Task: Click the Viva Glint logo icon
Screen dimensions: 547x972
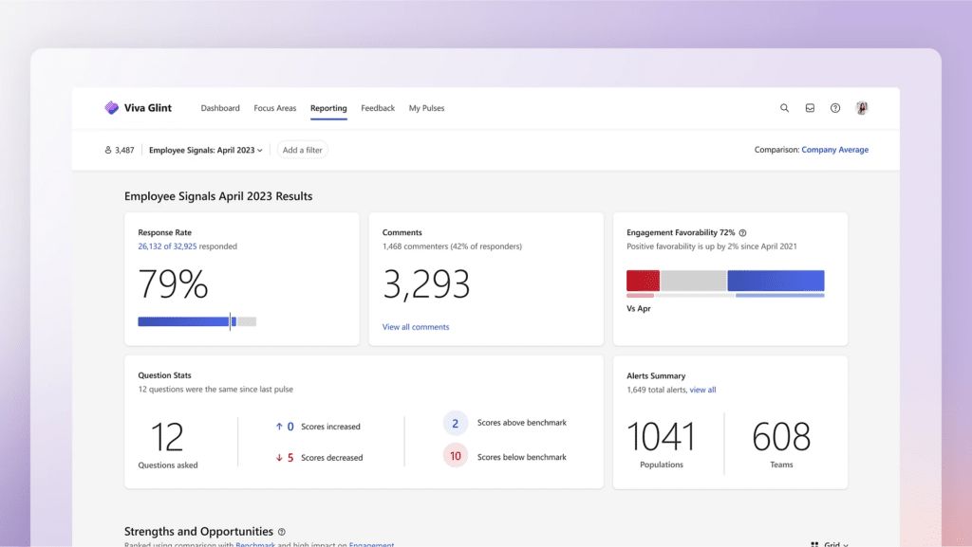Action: pyautogui.click(x=111, y=108)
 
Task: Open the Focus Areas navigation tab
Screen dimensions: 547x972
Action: pyautogui.click(x=275, y=108)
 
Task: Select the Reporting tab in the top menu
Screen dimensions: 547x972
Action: pyautogui.click(x=328, y=108)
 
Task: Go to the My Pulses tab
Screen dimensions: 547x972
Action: pyautogui.click(x=426, y=108)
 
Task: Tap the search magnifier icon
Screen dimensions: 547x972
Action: pyautogui.click(x=784, y=108)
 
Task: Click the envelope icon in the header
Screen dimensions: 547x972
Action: pyautogui.click(x=810, y=108)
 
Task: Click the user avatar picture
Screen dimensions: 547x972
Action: pyautogui.click(x=862, y=108)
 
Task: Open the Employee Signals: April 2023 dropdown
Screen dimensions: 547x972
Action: pyautogui.click(x=206, y=150)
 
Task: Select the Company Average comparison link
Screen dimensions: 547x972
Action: pyautogui.click(x=834, y=150)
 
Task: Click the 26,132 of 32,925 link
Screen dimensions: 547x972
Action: pyautogui.click(x=169, y=246)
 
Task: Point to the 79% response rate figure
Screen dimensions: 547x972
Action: pyautogui.click(x=173, y=284)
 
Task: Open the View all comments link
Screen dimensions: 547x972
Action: pyautogui.click(x=416, y=327)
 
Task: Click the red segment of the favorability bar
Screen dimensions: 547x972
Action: pyautogui.click(x=643, y=281)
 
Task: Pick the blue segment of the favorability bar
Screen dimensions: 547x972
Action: pyautogui.click(x=776, y=281)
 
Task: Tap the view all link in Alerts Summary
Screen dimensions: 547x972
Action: pyautogui.click(x=702, y=390)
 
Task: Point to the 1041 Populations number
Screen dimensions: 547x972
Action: pyautogui.click(x=662, y=437)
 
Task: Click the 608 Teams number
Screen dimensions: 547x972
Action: pyautogui.click(x=781, y=437)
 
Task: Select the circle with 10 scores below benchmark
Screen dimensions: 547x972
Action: pyautogui.click(x=456, y=456)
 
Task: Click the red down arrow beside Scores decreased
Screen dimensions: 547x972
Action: pyautogui.click(x=279, y=458)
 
